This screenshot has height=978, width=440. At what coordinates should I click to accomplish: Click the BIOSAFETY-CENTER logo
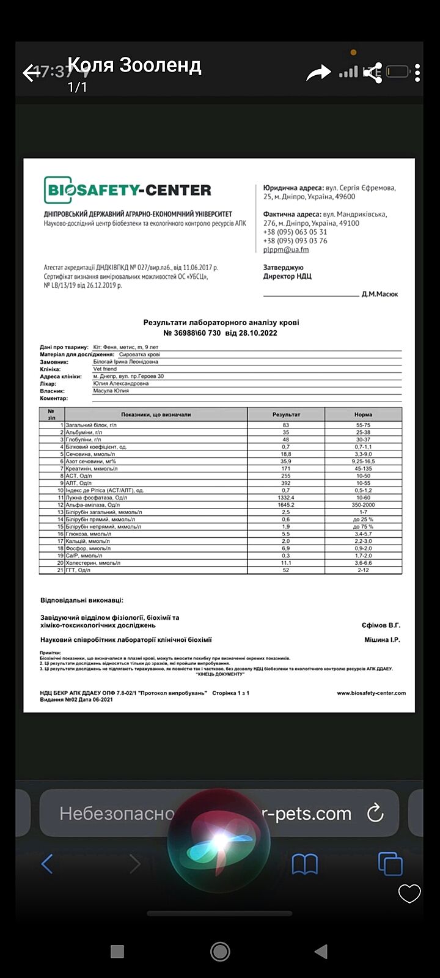point(127,190)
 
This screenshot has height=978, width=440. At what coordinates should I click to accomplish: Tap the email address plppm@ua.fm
point(286,249)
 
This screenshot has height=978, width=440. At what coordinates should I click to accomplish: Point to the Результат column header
point(286,414)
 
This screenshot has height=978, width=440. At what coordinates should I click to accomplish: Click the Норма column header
point(363,414)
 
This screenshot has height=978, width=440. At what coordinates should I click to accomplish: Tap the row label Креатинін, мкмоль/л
point(92,468)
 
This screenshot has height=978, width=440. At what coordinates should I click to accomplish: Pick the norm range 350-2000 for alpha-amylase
point(363,505)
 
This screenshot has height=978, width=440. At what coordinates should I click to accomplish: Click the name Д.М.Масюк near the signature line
point(380,294)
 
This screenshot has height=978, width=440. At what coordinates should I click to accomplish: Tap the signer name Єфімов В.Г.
point(381,625)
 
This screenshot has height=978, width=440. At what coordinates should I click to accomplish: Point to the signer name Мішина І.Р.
point(382,640)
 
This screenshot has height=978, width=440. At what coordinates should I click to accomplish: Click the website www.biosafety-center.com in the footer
point(371,693)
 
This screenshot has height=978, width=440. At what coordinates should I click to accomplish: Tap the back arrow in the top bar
point(32,73)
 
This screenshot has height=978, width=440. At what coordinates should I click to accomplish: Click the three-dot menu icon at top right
point(417,73)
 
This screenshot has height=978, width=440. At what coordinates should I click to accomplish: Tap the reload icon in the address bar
point(375,813)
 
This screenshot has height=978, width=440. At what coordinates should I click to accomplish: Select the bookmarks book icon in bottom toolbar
point(305,864)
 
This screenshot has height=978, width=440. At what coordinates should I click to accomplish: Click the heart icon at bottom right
point(409,894)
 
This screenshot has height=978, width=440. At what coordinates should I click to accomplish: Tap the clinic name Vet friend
point(105,369)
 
